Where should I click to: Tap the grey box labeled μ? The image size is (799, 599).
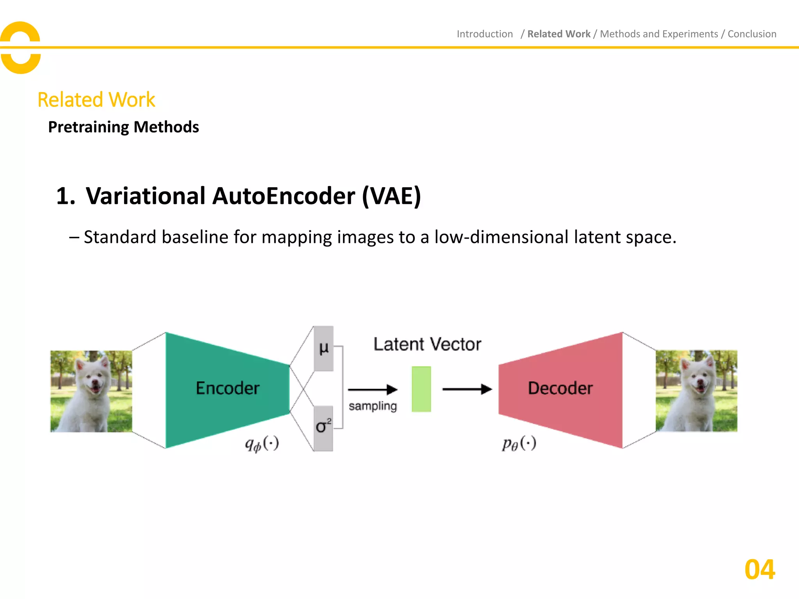pyautogui.click(x=323, y=348)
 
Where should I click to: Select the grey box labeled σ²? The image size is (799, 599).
pyautogui.click(x=323, y=428)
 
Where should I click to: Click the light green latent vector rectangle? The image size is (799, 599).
pyautogui.click(x=421, y=389)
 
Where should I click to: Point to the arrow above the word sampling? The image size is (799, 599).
pyautogui.click(x=373, y=389)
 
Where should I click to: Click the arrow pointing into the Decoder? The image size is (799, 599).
pyautogui.click(x=467, y=389)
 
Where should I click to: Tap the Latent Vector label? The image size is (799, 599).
pyautogui.click(x=427, y=344)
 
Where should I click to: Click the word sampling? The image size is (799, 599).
pyautogui.click(x=373, y=406)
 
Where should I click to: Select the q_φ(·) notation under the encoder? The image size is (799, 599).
pyautogui.click(x=262, y=444)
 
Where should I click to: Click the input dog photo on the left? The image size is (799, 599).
pyautogui.click(x=91, y=391)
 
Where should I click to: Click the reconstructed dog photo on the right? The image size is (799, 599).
pyautogui.click(x=696, y=391)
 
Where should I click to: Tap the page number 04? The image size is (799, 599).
pyautogui.click(x=760, y=570)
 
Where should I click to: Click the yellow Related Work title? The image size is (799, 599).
pyautogui.click(x=96, y=100)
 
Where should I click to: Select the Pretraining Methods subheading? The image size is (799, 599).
pyautogui.click(x=123, y=127)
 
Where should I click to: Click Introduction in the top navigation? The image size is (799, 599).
pyautogui.click(x=485, y=34)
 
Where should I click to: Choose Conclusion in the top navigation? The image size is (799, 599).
pyautogui.click(x=752, y=34)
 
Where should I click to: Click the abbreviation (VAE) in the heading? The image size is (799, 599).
pyautogui.click(x=391, y=196)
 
